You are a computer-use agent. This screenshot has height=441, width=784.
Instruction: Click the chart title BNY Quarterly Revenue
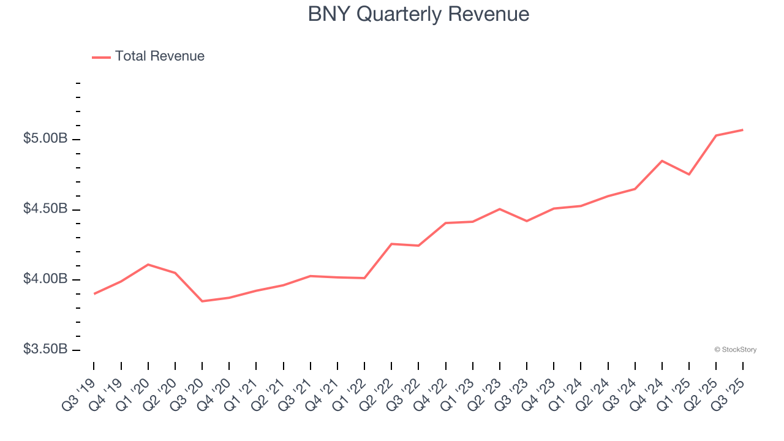[418, 14]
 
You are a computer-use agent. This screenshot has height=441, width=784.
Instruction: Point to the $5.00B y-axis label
[45, 139]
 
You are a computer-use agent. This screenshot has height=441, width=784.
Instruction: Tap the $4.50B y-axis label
[45, 209]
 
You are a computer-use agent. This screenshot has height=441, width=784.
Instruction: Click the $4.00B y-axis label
[45, 279]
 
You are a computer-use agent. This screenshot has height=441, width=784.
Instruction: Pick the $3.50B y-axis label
[45, 349]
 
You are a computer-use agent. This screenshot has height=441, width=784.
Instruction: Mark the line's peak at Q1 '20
[148, 265]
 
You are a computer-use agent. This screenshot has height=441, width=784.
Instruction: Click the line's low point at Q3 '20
[202, 301]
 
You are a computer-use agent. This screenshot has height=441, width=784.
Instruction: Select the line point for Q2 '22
[391, 244]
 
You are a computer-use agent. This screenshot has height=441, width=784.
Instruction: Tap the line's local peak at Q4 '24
[662, 160]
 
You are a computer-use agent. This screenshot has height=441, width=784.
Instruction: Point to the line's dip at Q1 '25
[689, 175]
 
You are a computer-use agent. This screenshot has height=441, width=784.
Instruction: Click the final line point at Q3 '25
[743, 130]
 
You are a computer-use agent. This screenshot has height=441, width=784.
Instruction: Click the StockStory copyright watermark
[735, 350]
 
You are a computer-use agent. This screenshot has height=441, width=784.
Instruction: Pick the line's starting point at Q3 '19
[94, 294]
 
